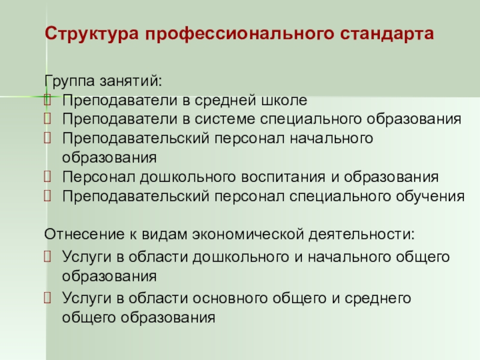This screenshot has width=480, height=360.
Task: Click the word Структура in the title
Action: click(x=92, y=34)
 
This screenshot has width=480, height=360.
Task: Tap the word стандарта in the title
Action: click(x=387, y=34)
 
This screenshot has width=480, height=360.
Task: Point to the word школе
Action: click(x=284, y=100)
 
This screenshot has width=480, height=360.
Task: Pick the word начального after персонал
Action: click(x=331, y=139)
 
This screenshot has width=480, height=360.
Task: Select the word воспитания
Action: click(x=283, y=177)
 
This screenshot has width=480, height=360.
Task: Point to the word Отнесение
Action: click(x=84, y=234)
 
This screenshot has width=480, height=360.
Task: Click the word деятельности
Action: click(x=361, y=235)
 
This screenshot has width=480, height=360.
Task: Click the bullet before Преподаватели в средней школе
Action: click(x=47, y=100)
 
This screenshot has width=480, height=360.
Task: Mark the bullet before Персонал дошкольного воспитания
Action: click(x=47, y=176)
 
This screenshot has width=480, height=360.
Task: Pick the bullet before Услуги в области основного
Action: click(x=47, y=297)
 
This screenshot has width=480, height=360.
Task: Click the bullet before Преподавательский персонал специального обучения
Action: click(x=47, y=196)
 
